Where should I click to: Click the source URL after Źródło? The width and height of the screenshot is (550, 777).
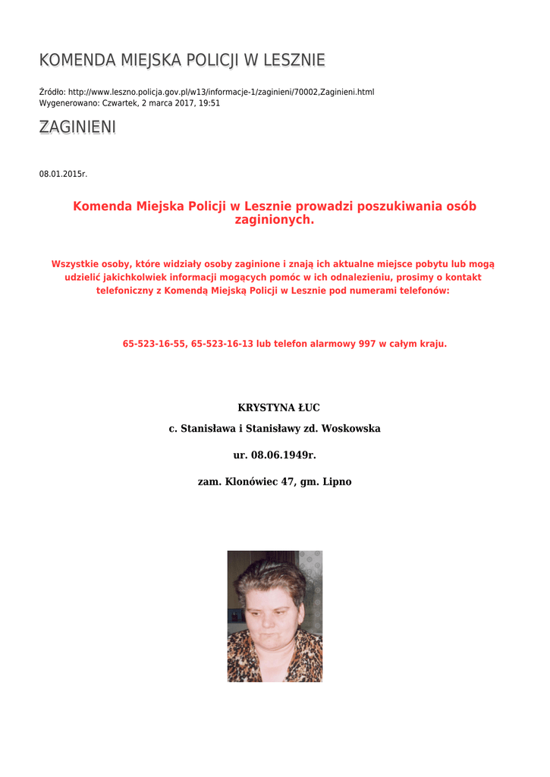(x=221, y=93)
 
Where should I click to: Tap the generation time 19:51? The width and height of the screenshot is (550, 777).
(x=209, y=103)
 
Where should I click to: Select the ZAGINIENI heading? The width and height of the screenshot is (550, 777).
(x=77, y=127)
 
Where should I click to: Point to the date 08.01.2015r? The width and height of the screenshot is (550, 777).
(x=63, y=175)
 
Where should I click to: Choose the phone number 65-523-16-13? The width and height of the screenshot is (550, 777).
(x=222, y=344)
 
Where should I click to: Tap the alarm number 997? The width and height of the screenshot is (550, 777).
(x=367, y=344)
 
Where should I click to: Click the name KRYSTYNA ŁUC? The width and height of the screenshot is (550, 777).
(x=274, y=408)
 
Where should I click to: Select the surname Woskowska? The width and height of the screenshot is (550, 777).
(x=351, y=429)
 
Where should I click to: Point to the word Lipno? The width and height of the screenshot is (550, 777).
(x=338, y=482)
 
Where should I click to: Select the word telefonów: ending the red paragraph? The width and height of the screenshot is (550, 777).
(x=424, y=291)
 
